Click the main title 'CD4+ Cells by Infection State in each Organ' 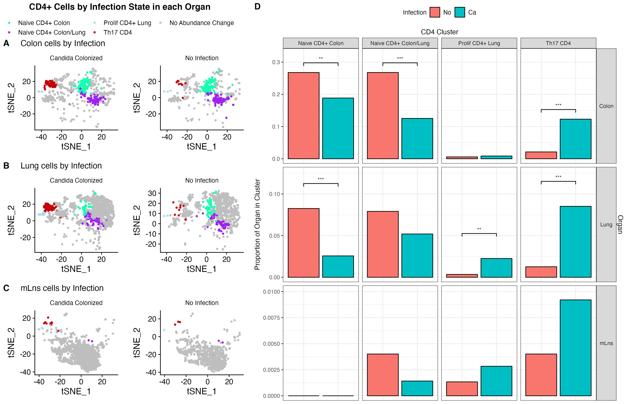(x=119, y=7)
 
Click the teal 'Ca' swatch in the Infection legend (x=459, y=12)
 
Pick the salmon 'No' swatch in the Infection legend (x=435, y=12)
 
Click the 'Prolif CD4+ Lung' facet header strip (x=479, y=43)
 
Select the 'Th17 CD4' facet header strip (x=558, y=43)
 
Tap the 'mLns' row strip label (x=606, y=343)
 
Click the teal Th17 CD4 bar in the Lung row (x=575, y=242)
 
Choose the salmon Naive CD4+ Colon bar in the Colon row (x=304, y=115)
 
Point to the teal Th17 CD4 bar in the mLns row (x=575, y=348)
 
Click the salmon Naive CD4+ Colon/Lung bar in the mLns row (x=383, y=375)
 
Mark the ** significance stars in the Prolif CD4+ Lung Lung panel (x=479, y=229)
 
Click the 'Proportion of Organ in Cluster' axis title (x=257, y=224)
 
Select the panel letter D (x=257, y=7)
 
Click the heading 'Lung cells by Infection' (x=61, y=166)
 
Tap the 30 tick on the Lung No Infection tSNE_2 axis (x=152, y=193)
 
